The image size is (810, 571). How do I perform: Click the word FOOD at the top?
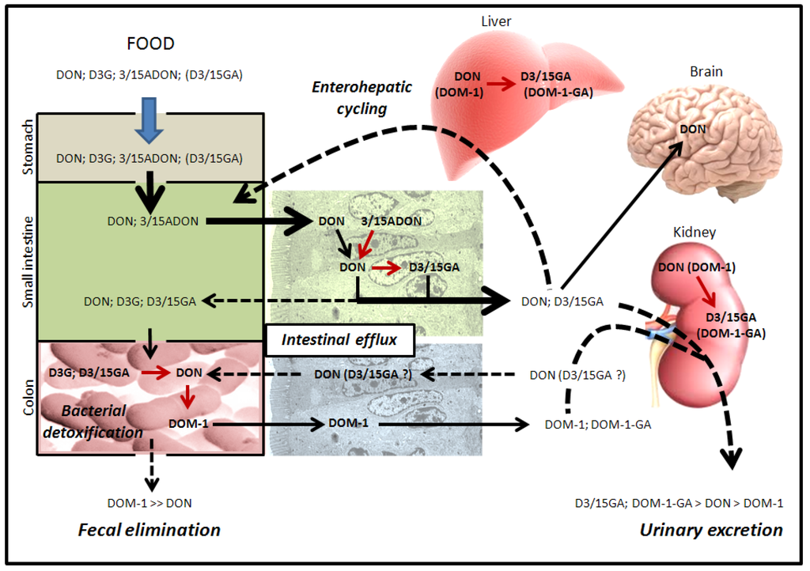tap(150, 43)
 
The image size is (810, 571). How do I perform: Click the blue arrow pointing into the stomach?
tap(150, 119)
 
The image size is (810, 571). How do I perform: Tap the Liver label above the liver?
tap(496, 21)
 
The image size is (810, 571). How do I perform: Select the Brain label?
tap(706, 71)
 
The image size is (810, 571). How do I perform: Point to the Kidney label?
tap(695, 233)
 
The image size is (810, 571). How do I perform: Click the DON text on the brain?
tap(693, 129)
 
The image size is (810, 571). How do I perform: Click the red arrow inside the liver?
tap(501, 84)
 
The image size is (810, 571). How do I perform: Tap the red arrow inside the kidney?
tap(704, 291)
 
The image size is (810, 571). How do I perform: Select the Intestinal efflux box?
tap(339, 340)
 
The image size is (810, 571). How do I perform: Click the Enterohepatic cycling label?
tap(361, 97)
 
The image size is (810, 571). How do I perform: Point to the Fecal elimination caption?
tap(150, 530)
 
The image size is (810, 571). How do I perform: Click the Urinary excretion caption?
tap(711, 530)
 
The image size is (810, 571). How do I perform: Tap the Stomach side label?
tap(28, 147)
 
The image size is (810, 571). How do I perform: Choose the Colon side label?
tap(28, 398)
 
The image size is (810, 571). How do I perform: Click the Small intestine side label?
tap(28, 262)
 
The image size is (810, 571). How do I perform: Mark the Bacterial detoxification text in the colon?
tap(93, 422)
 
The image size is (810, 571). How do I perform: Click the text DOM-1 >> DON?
tap(150, 503)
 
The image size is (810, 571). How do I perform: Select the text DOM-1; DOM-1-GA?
tap(598, 425)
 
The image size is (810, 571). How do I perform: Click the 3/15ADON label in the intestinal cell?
tap(391, 221)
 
